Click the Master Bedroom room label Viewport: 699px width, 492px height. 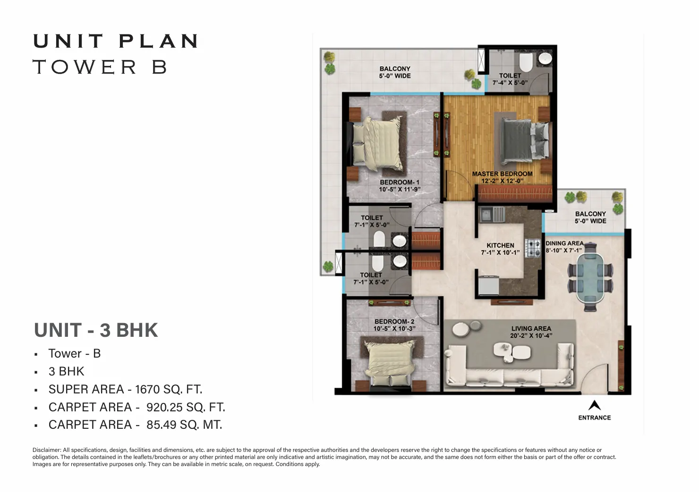pyautogui.click(x=502, y=174)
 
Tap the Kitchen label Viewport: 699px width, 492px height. pyautogui.click(x=500, y=246)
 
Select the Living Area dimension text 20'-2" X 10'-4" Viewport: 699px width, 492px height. pyautogui.click(x=531, y=335)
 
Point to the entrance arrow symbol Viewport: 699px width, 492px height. pyautogui.click(x=595, y=405)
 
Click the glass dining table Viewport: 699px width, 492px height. pyautogui.click(x=590, y=278)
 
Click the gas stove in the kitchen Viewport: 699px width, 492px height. pyautogui.click(x=533, y=248)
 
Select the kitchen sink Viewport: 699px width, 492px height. pyautogui.click(x=492, y=215)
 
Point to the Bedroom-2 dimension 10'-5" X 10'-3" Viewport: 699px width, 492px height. pyautogui.click(x=394, y=329)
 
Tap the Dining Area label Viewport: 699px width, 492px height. pyautogui.click(x=564, y=243)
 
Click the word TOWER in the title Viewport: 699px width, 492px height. pyautogui.click(x=85, y=67)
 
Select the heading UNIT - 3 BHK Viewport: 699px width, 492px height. pyautogui.click(x=96, y=330)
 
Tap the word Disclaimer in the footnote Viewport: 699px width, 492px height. pyautogui.click(x=46, y=450)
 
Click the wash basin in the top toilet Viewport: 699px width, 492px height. pyautogui.click(x=545, y=58)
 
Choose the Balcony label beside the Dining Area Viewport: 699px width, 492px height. pyautogui.click(x=590, y=214)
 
